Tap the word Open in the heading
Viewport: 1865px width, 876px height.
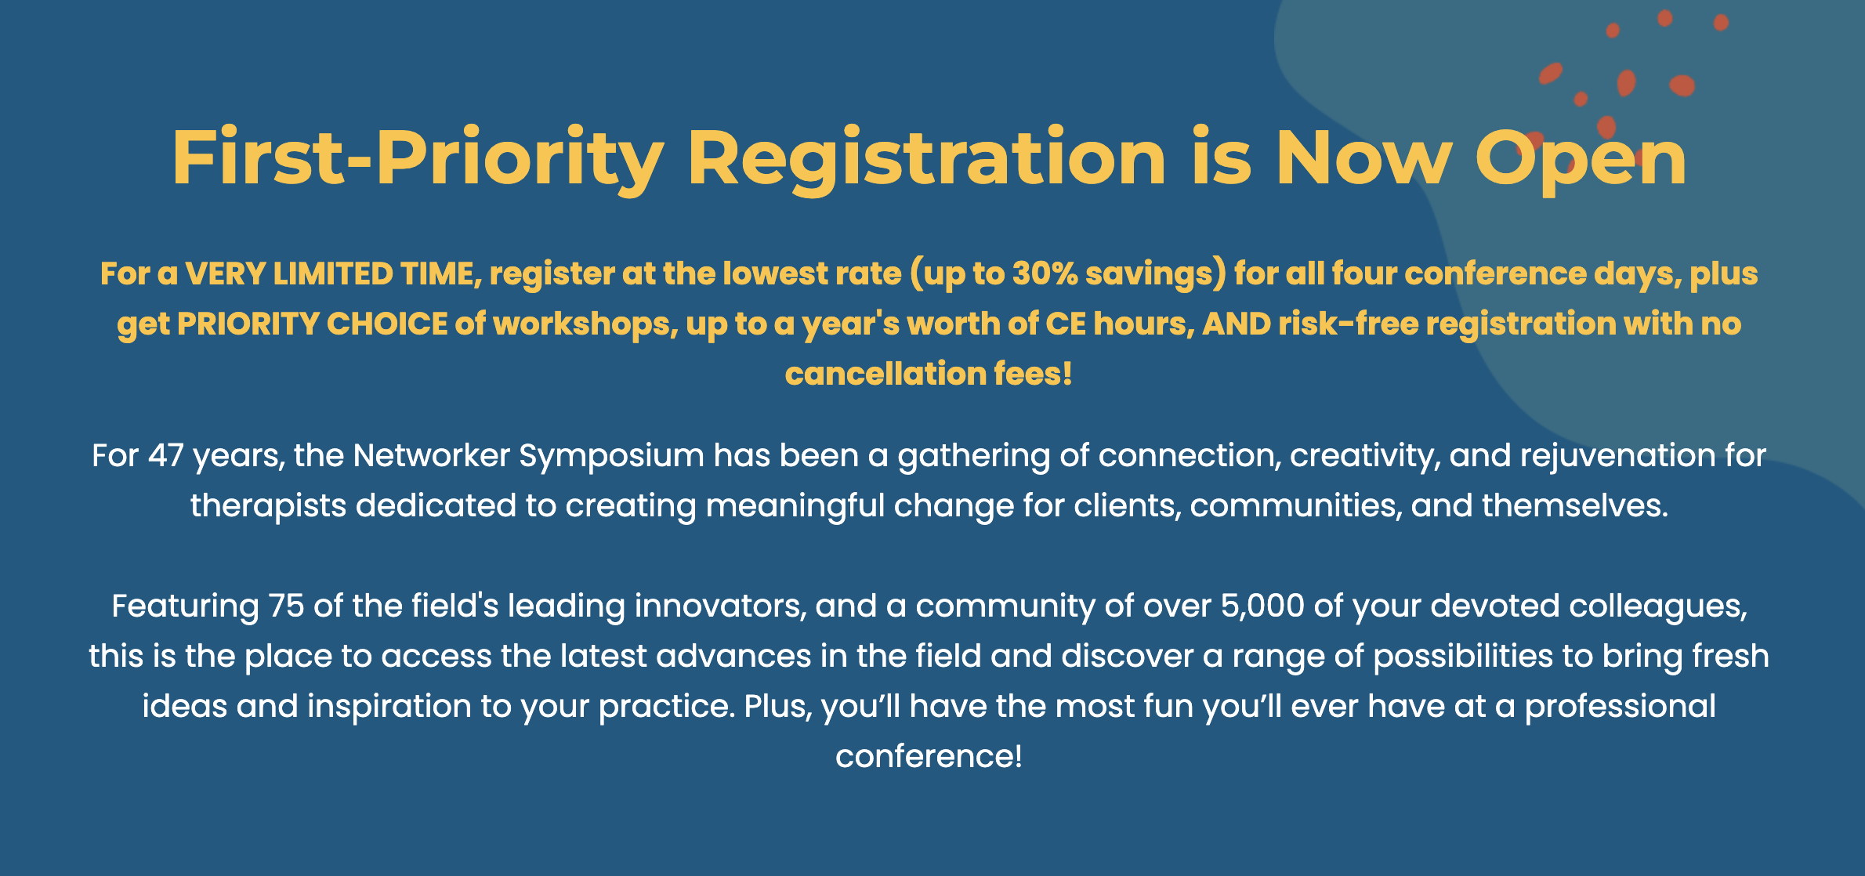(x=1580, y=160)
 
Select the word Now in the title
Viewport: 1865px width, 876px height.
(x=1363, y=158)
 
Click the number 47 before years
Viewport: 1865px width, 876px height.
(x=165, y=456)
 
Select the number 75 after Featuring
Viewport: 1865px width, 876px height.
(x=286, y=606)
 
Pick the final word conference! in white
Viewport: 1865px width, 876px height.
(x=929, y=757)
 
